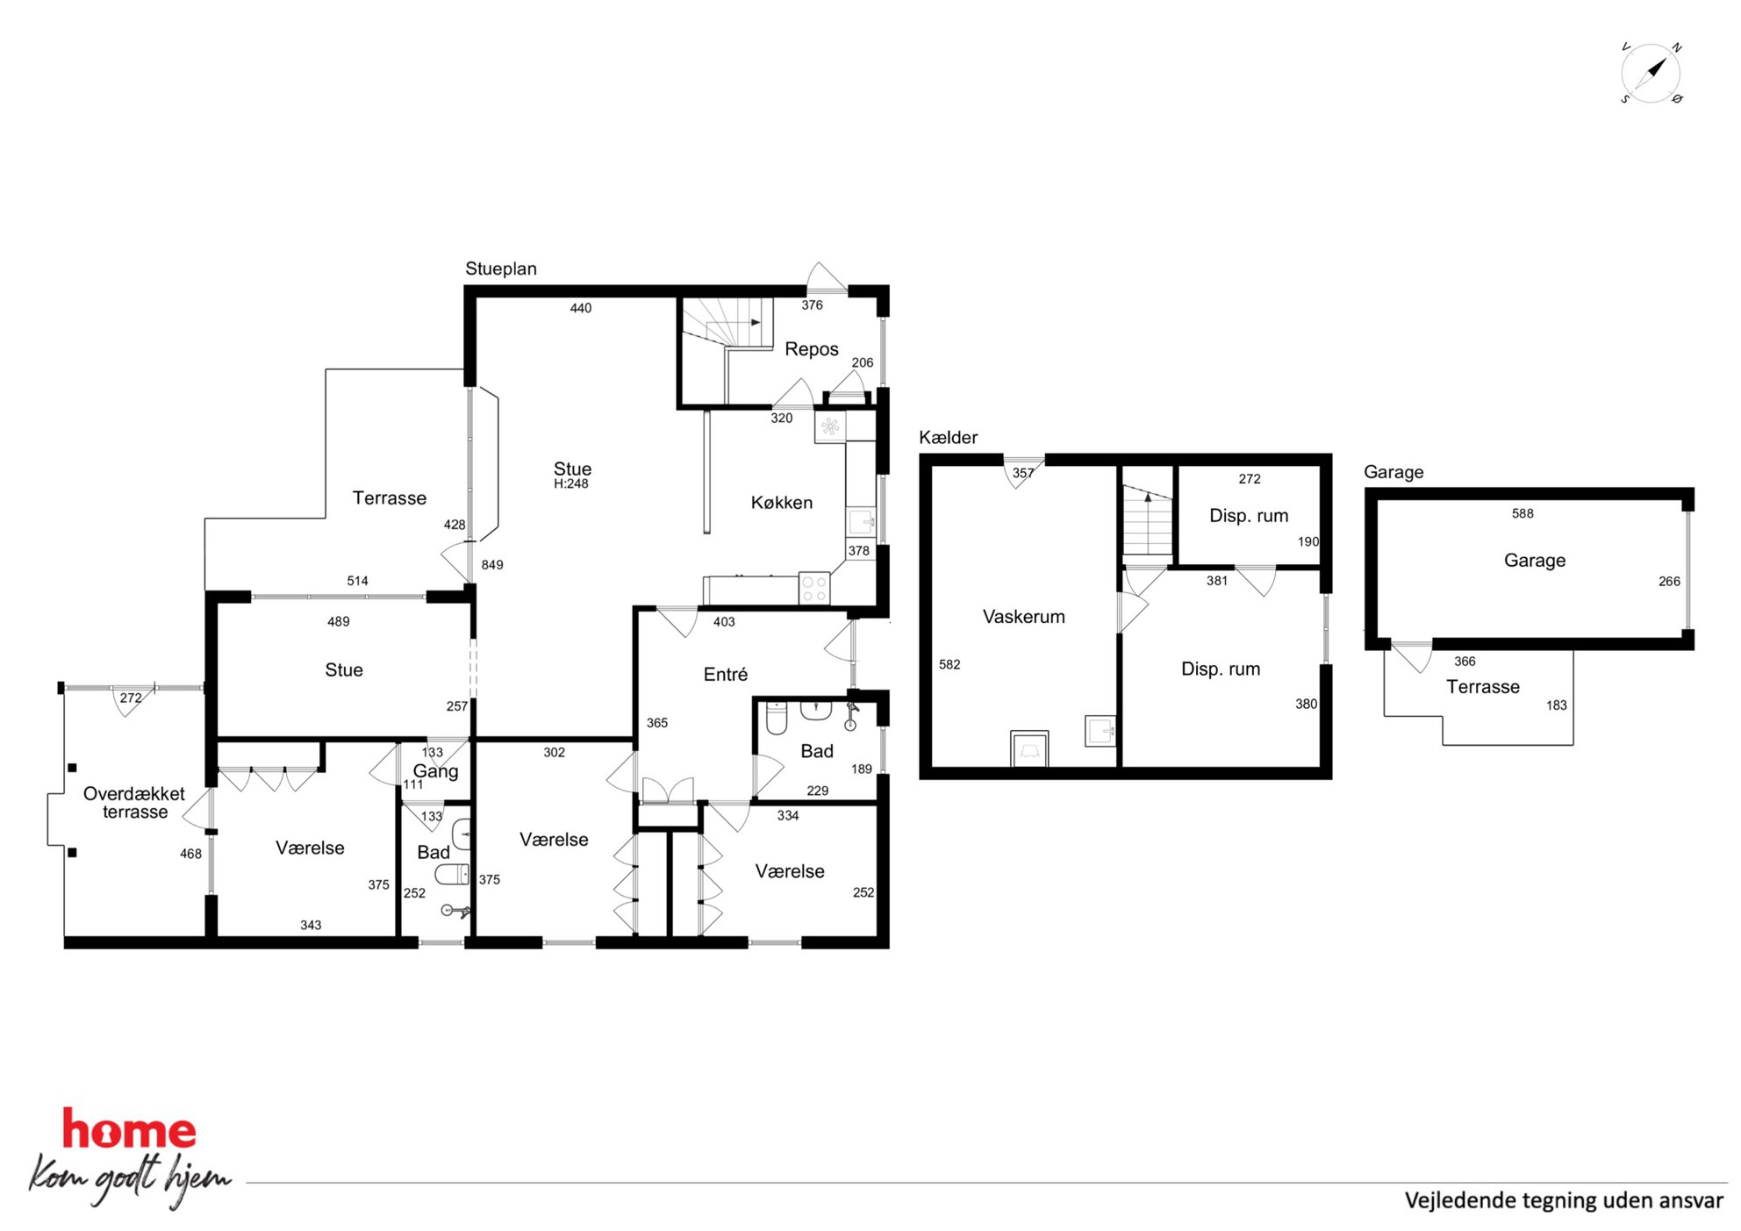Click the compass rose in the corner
tap(1651, 73)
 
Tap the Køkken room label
tap(781, 503)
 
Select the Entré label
tap(726, 674)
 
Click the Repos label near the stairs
tap(812, 349)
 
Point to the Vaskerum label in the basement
tap(1023, 617)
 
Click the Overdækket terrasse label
tap(134, 803)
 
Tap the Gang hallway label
tap(435, 771)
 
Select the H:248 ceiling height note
tap(571, 483)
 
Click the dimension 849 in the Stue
tap(492, 565)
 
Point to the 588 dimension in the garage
tap(1522, 513)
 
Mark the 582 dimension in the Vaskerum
tap(949, 664)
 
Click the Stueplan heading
tap(501, 268)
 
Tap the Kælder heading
tap(948, 437)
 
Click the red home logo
tap(129, 1129)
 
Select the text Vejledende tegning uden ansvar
tap(1564, 1200)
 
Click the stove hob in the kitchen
tap(814, 589)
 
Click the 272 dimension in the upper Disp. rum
tap(1250, 479)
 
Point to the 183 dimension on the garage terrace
tap(1556, 705)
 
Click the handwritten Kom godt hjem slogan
tap(130, 1177)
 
